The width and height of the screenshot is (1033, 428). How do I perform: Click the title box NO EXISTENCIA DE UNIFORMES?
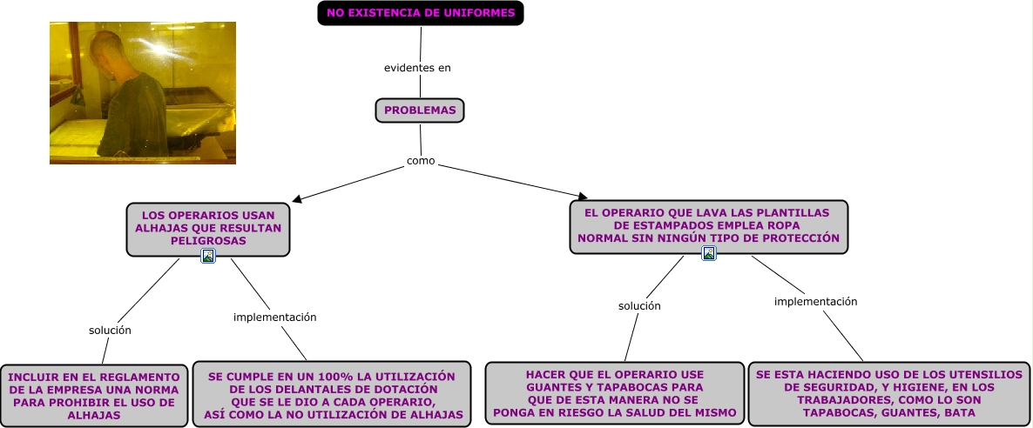420,13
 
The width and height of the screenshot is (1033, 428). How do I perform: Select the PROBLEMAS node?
420,111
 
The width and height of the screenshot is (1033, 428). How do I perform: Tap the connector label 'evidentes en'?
417,68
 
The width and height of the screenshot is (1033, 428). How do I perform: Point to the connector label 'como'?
421,161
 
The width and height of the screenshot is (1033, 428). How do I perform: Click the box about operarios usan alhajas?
207,228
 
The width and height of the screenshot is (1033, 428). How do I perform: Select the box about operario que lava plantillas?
708,226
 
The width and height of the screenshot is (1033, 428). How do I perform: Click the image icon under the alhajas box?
208,256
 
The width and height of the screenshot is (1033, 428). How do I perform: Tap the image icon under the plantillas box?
709,253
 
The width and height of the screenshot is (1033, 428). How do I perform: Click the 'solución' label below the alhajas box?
110,331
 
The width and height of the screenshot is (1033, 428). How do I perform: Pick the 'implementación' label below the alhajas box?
274,318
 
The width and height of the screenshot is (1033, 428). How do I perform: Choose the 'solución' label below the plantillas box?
639,306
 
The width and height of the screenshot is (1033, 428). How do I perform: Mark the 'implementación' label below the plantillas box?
815,302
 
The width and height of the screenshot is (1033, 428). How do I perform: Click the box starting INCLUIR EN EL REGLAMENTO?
94,396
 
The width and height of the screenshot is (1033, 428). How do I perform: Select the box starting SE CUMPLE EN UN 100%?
331,395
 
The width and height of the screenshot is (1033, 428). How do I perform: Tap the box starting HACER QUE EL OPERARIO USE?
614,393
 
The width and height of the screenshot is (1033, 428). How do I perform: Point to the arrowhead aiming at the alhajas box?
298,199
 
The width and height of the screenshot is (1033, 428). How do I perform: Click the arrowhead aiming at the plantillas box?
583,197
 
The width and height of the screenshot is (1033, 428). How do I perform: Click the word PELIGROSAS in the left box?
208,241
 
